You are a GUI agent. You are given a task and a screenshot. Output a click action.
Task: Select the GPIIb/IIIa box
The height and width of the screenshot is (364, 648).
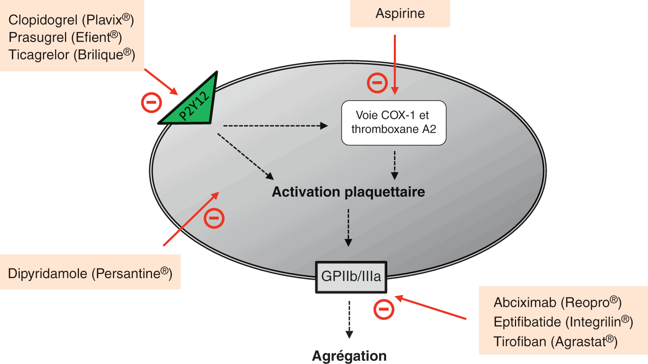tap(351, 277)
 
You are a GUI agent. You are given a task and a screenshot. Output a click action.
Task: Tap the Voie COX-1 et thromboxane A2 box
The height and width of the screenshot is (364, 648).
tap(393, 123)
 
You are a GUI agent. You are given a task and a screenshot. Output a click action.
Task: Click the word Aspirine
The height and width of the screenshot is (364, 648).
tap(400, 14)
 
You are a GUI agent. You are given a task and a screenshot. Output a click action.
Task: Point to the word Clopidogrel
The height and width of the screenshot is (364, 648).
tap(43, 20)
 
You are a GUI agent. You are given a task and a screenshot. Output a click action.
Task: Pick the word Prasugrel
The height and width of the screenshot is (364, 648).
tap(38, 38)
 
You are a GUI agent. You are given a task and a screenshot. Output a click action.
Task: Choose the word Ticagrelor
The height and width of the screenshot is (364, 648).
tap(39, 55)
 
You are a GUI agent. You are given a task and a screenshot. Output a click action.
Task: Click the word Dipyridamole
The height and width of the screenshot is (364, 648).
tap(48, 273)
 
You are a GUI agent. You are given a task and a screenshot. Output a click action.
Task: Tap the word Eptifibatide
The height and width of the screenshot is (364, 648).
tap(527, 322)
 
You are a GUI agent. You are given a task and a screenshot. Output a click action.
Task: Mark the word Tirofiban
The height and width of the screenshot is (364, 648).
tap(520, 342)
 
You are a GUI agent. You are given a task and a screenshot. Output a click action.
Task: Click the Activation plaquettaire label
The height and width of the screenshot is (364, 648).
tap(348, 192)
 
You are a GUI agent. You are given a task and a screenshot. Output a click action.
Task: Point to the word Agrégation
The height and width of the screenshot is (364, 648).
tap(349, 356)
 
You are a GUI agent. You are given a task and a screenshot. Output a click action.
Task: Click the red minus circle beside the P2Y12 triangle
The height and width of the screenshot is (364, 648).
tap(151, 103)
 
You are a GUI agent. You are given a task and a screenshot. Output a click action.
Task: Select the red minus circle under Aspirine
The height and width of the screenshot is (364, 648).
tap(377, 83)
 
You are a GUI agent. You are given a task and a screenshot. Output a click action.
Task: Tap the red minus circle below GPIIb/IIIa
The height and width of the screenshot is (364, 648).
tap(384, 309)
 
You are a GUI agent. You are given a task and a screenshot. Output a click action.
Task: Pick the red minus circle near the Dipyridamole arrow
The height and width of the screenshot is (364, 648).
tap(214, 218)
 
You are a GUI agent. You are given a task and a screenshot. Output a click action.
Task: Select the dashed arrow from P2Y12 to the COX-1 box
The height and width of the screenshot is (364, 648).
tap(275, 126)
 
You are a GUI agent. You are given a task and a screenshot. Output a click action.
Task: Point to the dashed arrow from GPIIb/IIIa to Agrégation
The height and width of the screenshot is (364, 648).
tap(349, 319)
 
